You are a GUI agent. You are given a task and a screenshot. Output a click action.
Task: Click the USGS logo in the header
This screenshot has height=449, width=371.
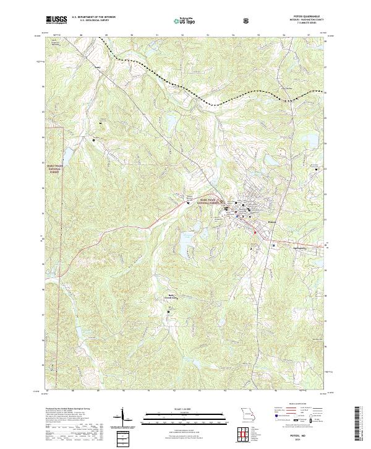pyautogui.click(x=57, y=20)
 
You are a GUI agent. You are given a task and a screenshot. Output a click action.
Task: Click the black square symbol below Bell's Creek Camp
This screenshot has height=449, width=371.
pyautogui.click(x=171, y=307)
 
